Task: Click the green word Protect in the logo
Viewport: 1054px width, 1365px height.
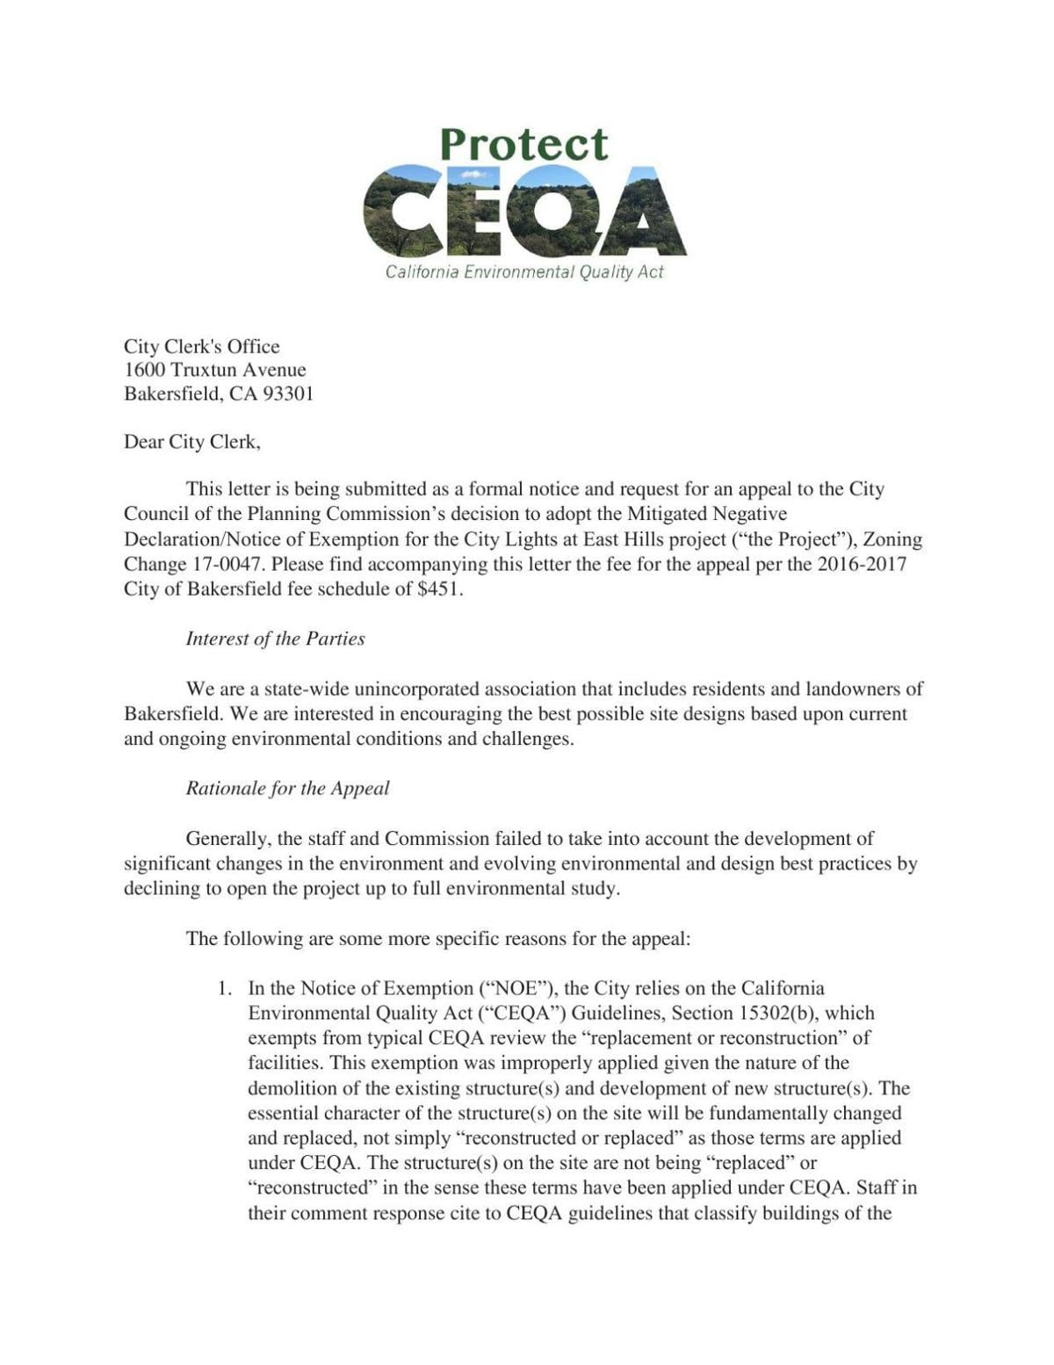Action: tap(523, 145)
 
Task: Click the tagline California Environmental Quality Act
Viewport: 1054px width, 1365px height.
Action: tap(524, 272)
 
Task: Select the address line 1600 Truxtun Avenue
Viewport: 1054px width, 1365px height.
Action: tap(214, 370)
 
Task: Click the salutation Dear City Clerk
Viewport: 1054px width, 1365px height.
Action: tap(191, 442)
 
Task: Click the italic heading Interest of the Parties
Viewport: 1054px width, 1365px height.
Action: tap(275, 639)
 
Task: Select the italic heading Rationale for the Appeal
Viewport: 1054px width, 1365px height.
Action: tap(287, 788)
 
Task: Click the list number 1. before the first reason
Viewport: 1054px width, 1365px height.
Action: tap(225, 988)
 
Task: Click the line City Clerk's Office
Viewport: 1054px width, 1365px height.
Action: tap(201, 346)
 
